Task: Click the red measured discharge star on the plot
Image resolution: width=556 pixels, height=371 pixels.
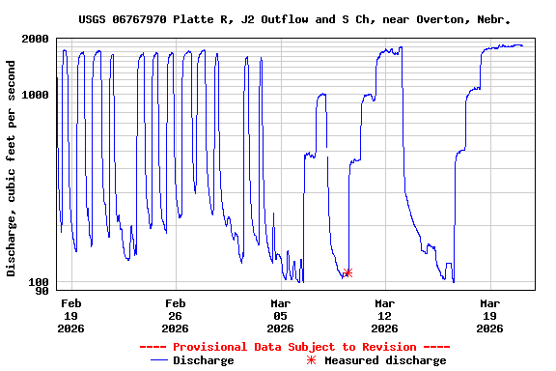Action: (347, 272)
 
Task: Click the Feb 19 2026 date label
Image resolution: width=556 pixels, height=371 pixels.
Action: (71, 315)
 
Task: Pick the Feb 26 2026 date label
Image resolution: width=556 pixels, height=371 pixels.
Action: (176, 315)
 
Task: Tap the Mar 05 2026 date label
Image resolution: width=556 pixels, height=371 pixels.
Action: (280, 315)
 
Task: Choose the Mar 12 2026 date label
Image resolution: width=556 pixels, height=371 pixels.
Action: (384, 315)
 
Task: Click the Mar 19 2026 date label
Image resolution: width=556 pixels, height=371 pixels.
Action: (489, 315)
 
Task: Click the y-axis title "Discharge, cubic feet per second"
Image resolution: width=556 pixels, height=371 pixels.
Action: (12, 168)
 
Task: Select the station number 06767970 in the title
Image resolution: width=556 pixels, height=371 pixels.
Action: (147, 19)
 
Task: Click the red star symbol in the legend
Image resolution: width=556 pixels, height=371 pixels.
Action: (311, 360)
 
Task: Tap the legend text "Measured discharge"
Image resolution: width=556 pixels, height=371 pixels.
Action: (385, 360)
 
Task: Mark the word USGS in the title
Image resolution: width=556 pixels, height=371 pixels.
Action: (93, 19)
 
